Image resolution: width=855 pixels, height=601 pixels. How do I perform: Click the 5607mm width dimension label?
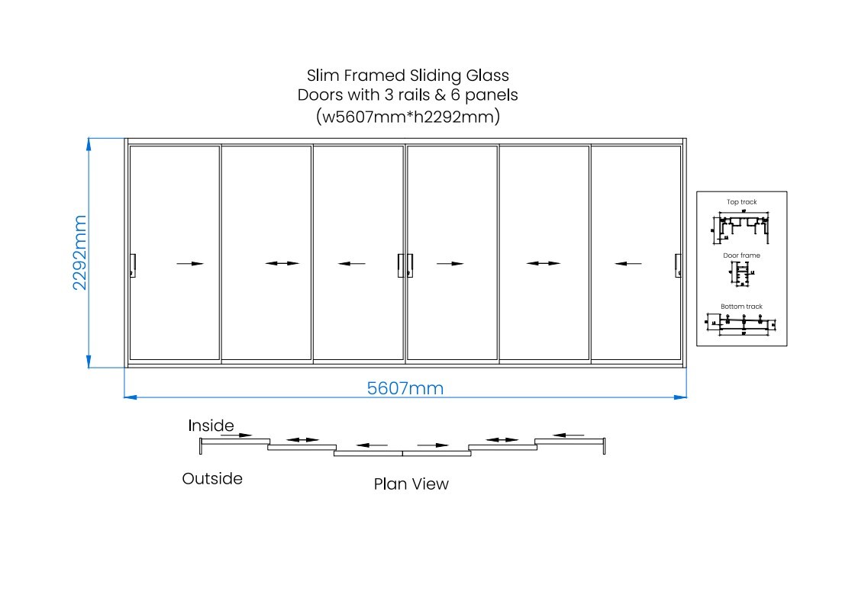(x=405, y=388)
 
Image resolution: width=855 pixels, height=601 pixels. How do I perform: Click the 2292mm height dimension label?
(x=80, y=252)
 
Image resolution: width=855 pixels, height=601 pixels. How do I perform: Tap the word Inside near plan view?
(x=211, y=426)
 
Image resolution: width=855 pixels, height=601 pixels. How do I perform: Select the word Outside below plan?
(x=212, y=479)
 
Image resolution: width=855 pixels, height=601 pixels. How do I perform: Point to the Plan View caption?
(x=411, y=484)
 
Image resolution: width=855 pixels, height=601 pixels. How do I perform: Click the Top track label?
(x=741, y=202)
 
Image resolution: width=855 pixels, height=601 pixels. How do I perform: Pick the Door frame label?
(x=741, y=256)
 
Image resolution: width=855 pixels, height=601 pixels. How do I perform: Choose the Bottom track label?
(x=741, y=307)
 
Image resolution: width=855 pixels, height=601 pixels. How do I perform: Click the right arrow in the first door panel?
(x=190, y=264)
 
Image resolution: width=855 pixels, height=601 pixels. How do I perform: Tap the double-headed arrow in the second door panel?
(x=282, y=264)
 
